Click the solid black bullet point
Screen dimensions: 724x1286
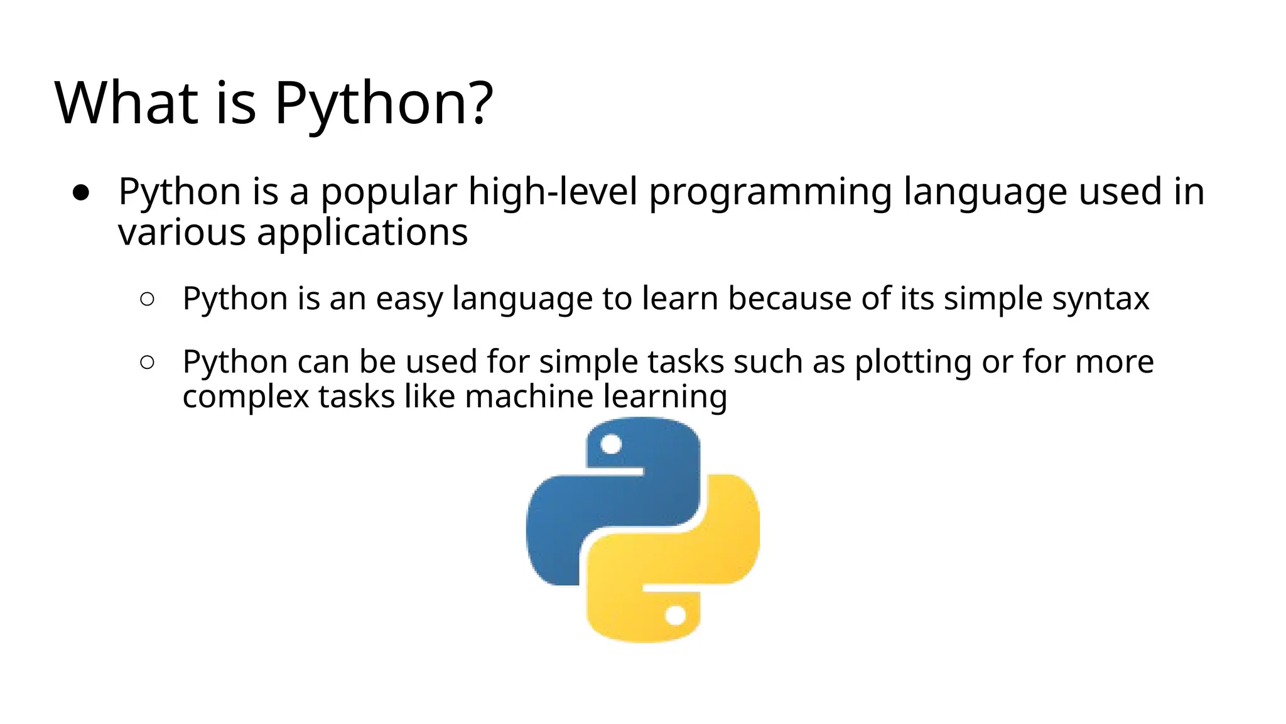(x=81, y=192)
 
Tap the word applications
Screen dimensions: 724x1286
(x=362, y=233)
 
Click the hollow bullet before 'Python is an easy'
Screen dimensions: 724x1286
(x=148, y=299)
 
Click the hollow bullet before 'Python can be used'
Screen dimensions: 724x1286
(x=148, y=362)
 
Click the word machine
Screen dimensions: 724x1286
(x=529, y=397)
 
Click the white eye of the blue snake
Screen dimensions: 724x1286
(x=611, y=445)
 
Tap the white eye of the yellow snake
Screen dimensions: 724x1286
(x=676, y=615)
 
